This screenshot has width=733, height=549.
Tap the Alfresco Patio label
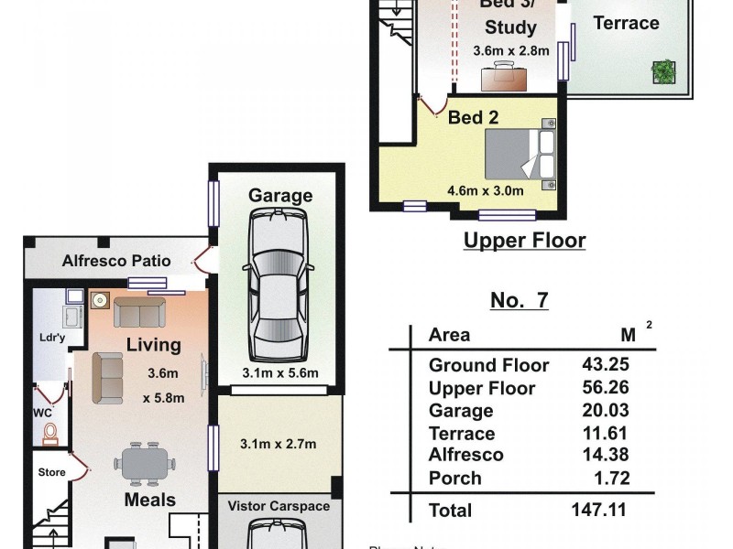coord(116,261)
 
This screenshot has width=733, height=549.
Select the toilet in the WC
coord(50,433)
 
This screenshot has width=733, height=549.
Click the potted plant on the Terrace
coord(662,70)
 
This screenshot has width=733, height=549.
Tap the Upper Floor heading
coord(524,241)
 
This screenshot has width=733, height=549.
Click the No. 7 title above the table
coord(520,300)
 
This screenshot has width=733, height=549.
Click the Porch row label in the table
coord(454,479)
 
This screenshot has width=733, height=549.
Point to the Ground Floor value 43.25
coord(606,364)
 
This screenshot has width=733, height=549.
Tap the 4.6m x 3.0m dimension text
coord(485,191)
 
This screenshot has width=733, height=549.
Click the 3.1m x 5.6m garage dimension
coord(279,372)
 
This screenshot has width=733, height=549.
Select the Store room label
coord(52,473)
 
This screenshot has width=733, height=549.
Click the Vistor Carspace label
coord(279,506)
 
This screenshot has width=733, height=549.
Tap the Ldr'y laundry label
coord(51,338)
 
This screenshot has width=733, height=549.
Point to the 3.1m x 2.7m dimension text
coord(279,445)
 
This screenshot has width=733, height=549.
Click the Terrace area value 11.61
coord(606,434)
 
